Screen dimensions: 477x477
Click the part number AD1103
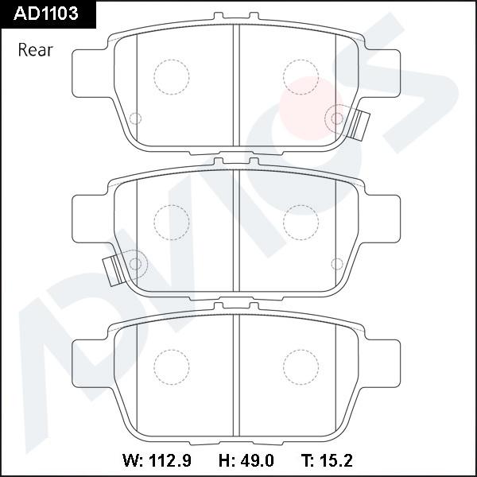[46, 14]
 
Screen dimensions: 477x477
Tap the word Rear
[36, 50]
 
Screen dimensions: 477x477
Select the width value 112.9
[170, 460]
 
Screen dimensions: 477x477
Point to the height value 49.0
[257, 460]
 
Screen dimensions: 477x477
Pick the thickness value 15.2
[335, 460]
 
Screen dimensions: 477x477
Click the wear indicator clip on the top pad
[360, 125]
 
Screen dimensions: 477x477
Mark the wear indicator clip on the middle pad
[114, 271]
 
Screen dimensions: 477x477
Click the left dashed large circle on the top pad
[172, 77]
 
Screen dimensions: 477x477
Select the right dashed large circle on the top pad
[301, 77]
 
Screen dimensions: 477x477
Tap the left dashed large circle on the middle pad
[172, 223]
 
